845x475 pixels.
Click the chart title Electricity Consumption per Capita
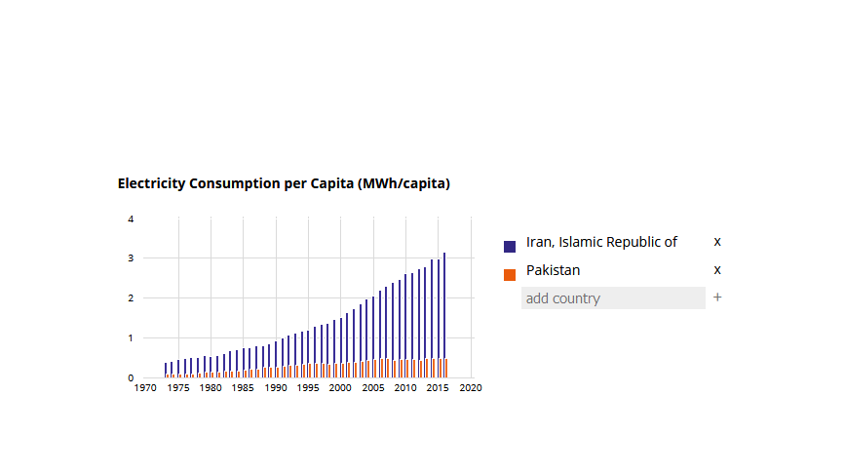pos(284,183)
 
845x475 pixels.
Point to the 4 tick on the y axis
pos(132,218)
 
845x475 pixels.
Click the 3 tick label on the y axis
pos(132,258)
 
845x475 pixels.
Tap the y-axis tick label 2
pos(132,298)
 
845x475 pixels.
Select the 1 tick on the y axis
pos(132,338)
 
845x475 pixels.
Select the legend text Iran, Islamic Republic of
pos(601,242)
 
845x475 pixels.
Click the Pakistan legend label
pos(553,270)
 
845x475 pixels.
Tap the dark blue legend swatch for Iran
pos(510,246)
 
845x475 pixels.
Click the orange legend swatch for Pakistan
pos(510,274)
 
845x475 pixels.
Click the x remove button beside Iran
pos(717,242)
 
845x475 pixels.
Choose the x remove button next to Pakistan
pos(717,270)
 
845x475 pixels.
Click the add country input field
pos(613,298)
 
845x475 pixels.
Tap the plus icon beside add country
pos(717,297)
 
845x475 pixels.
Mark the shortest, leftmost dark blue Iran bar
pos(166,370)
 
